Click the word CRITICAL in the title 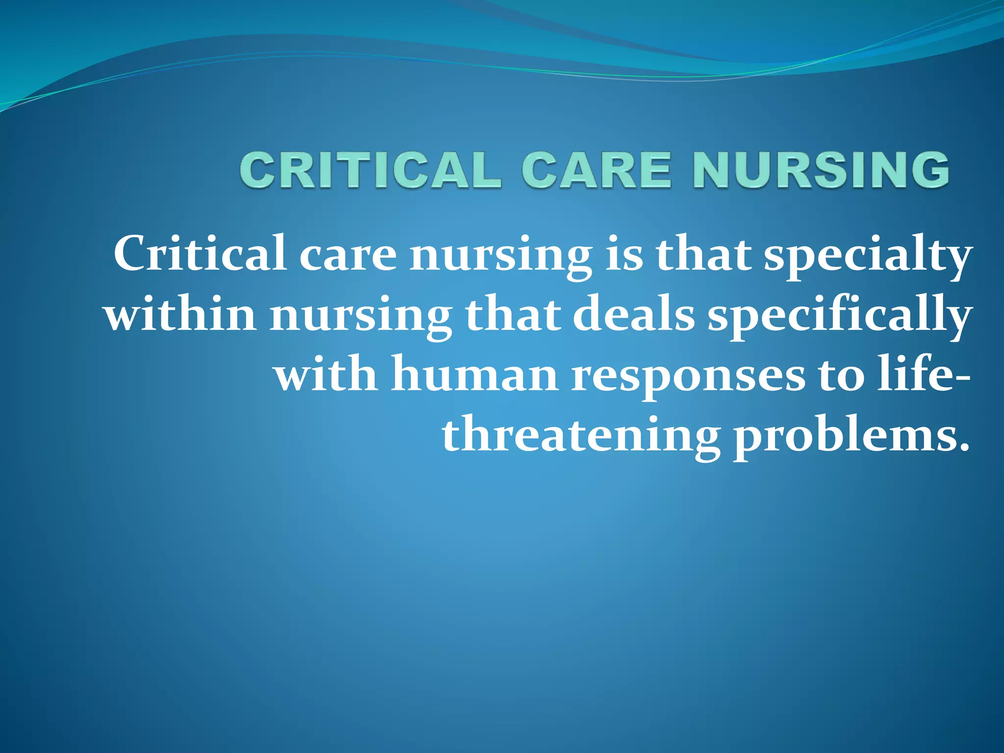[x=371, y=170]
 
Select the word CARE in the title [x=596, y=170]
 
